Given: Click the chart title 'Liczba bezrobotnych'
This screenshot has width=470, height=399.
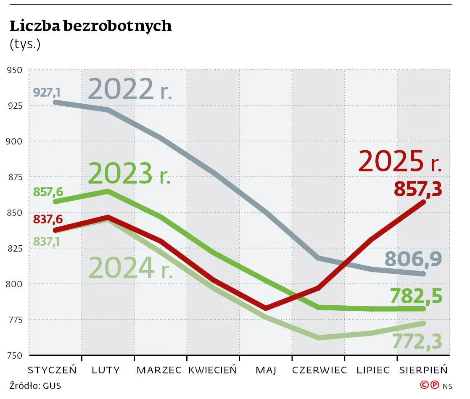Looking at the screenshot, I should tap(90, 26).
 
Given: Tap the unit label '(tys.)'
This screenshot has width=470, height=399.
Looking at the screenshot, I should tap(25, 44).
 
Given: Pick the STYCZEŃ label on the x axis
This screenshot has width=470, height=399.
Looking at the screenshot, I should tap(52, 370).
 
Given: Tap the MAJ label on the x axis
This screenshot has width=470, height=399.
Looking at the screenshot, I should tap(266, 370).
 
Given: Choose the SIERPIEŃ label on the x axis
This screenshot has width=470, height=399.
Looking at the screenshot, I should tap(423, 370).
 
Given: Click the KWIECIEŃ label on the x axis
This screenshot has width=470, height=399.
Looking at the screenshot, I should tap(213, 370).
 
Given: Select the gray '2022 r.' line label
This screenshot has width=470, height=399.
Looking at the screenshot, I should tap(130, 89).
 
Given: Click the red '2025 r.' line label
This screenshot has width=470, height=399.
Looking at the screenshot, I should tap(400, 161).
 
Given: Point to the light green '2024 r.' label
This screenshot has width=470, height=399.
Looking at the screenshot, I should tap(131, 268).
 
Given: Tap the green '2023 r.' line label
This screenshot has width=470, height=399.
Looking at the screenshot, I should tap(129, 173).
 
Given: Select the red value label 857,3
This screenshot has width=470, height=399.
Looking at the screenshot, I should tap(418, 189).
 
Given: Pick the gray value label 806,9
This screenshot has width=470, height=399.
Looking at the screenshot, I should tap(413, 259).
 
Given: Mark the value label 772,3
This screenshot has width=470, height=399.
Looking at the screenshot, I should tap(417, 341).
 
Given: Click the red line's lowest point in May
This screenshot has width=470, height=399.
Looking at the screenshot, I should tap(266, 308).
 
